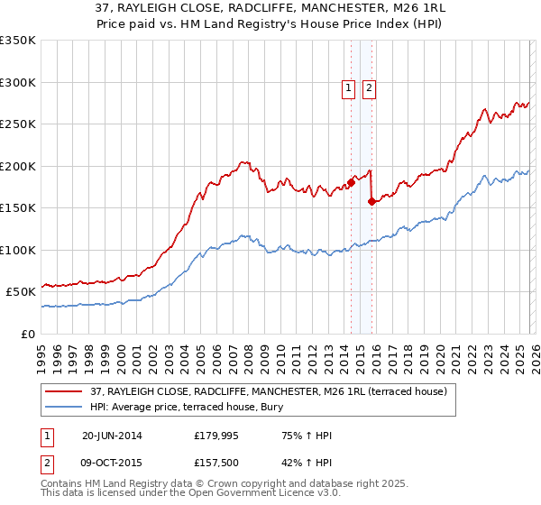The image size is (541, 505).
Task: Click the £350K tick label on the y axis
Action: [18, 41]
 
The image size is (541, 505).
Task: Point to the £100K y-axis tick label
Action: [18, 250]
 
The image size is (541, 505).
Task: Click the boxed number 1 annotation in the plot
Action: [348, 87]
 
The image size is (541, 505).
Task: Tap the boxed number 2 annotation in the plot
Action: [370, 87]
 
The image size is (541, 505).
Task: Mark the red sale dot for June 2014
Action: [351, 183]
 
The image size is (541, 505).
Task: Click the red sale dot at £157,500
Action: [371, 202]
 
